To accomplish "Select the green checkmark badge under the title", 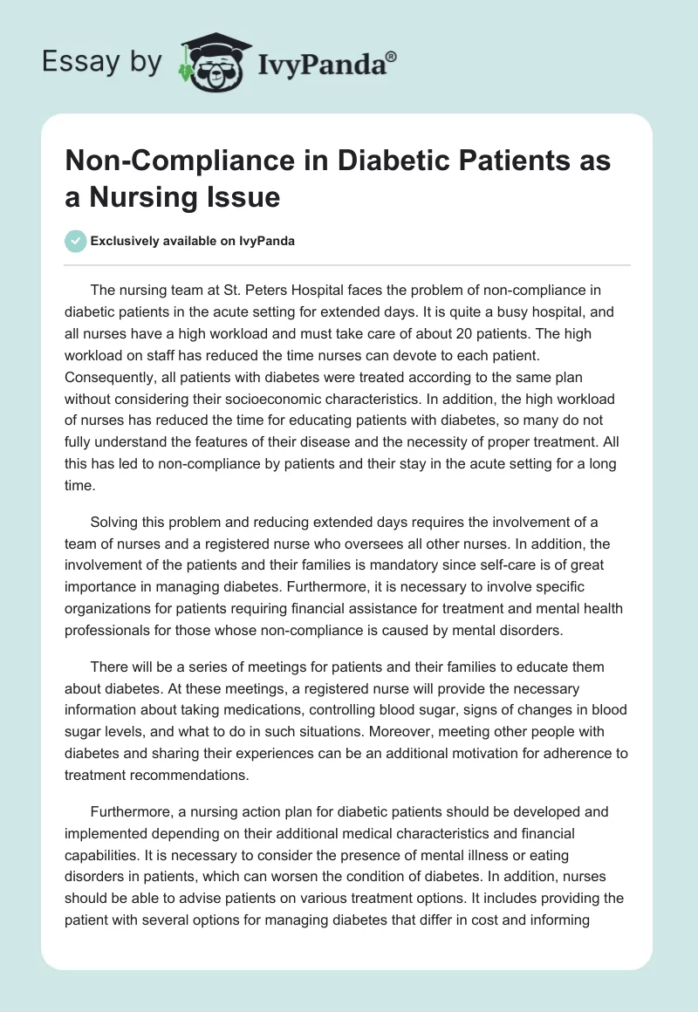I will [77, 241].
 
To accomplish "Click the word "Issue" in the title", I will [246, 197].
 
